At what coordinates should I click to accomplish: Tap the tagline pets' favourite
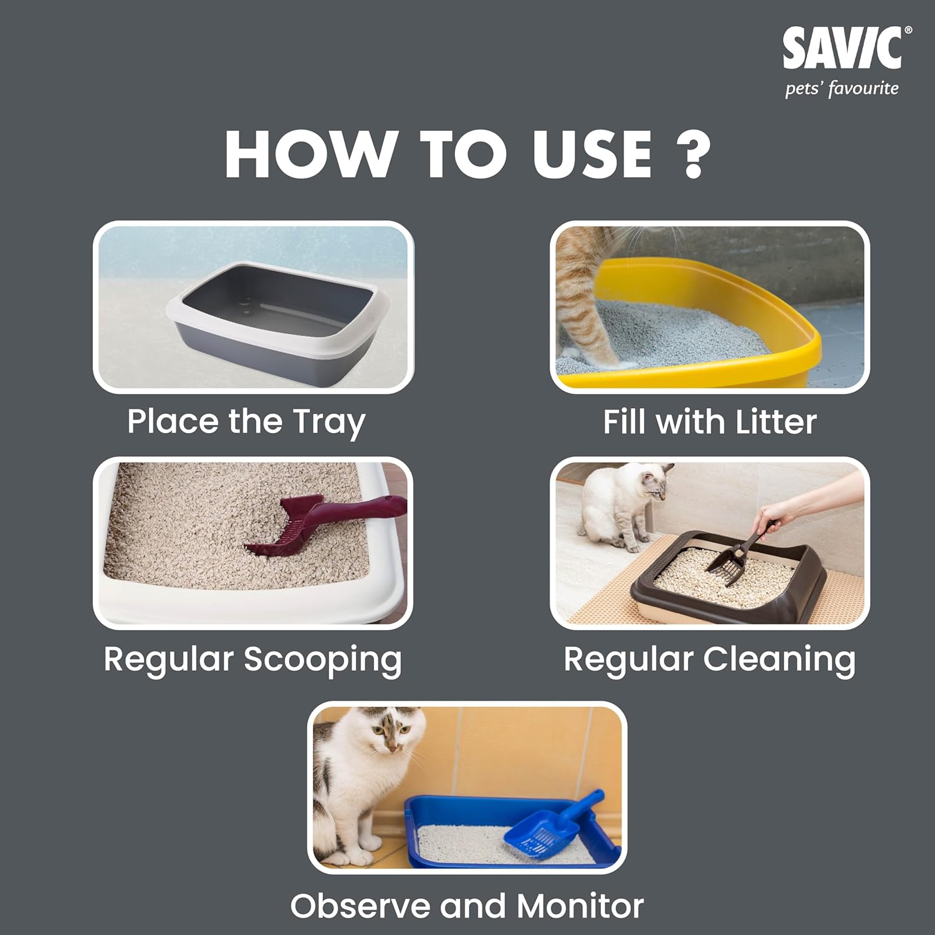point(841,89)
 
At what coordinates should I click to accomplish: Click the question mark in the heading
point(693,155)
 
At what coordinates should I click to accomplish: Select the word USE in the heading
point(592,155)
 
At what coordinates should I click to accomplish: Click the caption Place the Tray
point(246,422)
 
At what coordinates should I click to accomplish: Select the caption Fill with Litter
point(709,422)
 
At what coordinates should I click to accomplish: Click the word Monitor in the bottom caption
point(580,906)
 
